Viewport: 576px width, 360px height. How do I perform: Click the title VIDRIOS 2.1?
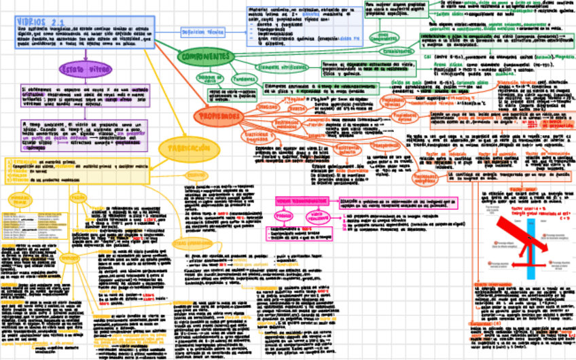[41, 22]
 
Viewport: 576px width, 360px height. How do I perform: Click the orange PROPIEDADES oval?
[218, 117]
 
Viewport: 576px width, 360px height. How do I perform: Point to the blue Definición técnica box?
[204, 31]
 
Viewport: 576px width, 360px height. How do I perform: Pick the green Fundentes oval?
[244, 79]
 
